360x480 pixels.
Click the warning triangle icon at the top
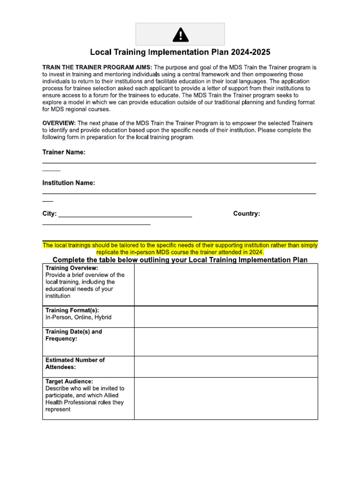180,35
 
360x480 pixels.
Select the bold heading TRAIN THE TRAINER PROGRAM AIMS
97,67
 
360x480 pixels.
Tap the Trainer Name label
64,152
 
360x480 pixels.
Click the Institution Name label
68,183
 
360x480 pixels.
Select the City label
49,214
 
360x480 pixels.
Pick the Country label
247,214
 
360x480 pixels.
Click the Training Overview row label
72,268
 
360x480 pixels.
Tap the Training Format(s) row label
72,310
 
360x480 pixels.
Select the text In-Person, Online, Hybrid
78,317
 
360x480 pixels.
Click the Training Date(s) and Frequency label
74,335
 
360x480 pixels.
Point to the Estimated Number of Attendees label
75,363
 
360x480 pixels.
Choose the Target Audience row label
69,382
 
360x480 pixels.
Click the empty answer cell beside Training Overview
226,285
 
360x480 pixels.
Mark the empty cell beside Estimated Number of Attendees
226,367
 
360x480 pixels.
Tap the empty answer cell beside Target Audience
226,398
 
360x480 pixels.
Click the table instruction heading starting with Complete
180,260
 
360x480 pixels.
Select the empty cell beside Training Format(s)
226,317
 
